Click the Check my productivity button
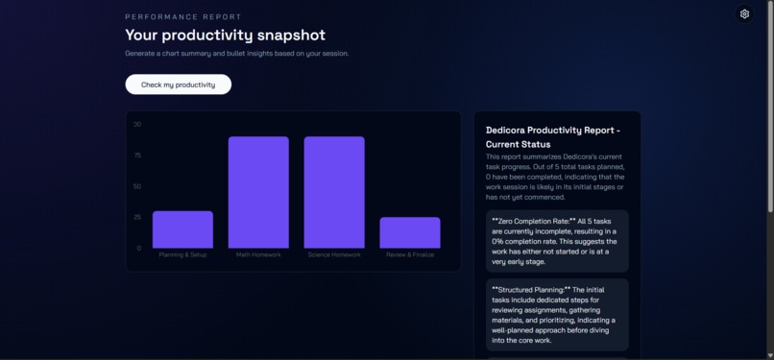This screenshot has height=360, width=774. coord(178,84)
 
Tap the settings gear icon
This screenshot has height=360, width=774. coord(744,13)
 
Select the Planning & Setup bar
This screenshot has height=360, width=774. coord(182,229)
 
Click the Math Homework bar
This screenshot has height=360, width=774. coord(258,192)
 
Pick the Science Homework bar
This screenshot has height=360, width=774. coord(334,192)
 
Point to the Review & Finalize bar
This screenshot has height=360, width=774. coord(410,232)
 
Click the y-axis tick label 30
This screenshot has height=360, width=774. coord(137,124)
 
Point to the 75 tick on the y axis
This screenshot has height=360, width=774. coord(137,155)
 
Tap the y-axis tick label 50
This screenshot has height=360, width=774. coord(137,186)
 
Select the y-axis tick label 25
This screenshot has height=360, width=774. coord(137,217)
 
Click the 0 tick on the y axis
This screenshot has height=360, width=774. coord(138,248)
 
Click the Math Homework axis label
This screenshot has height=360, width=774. coord(258,255)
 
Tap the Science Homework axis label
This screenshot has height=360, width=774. coord(334,255)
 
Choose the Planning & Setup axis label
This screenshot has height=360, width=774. coord(182,255)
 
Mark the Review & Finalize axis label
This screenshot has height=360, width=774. coord(410,255)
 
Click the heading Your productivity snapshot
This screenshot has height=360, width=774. coord(225,35)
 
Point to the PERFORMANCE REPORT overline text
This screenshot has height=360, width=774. coord(183,16)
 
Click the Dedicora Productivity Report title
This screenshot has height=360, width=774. coord(552,136)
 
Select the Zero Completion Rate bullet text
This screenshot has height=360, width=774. coord(555,241)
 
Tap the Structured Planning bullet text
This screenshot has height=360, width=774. coord(555,314)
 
